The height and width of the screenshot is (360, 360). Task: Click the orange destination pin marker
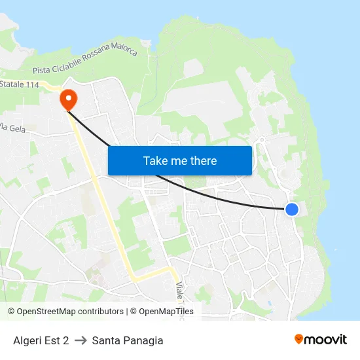pos(68,99)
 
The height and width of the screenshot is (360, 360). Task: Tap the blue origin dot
pos(292,209)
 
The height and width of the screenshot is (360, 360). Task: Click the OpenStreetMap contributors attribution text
pos(65,312)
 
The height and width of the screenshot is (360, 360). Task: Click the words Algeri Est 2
pos(41,340)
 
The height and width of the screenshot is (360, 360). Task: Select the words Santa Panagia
pos(128,340)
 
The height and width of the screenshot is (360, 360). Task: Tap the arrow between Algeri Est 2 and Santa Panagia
pos(81,340)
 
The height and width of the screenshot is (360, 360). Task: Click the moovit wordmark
pos(326,340)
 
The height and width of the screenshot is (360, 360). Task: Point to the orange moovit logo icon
pos(299,339)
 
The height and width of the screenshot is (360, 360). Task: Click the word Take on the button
pos(156,161)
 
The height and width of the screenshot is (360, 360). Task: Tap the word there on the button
pos(203,161)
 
